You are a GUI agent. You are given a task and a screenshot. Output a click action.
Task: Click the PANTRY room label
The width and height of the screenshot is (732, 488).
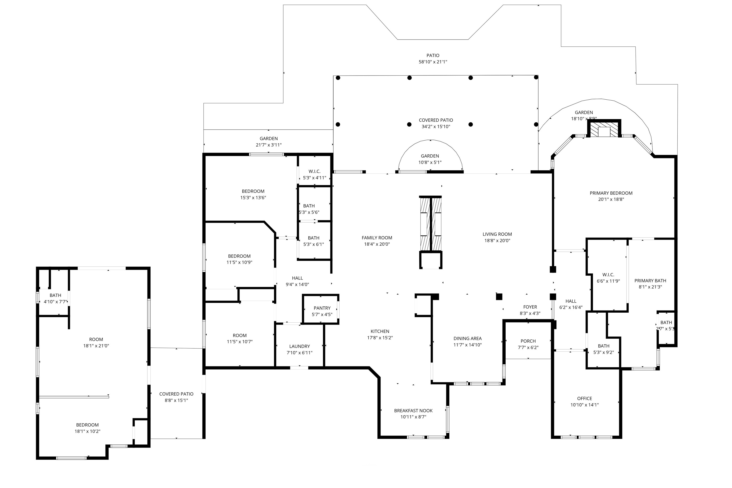tap(322, 308)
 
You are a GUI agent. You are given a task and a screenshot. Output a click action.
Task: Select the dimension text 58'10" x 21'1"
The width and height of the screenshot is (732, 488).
tap(433, 62)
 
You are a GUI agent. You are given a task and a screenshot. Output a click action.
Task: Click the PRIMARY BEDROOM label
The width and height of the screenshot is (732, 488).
tap(611, 193)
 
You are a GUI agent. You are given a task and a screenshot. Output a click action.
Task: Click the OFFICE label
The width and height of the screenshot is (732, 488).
tap(584, 398)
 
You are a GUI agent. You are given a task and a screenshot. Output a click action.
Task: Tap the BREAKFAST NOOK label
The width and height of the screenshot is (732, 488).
tap(413, 411)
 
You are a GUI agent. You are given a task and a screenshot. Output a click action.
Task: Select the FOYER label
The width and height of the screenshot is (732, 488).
tap(530, 307)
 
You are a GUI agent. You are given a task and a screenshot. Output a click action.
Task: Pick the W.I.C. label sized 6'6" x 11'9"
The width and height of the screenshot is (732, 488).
tap(608, 274)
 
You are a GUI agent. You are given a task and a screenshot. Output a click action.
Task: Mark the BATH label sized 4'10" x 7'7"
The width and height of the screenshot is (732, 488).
tap(55, 295)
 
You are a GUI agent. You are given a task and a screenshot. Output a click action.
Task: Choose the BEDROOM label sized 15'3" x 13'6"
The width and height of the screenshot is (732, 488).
tap(253, 191)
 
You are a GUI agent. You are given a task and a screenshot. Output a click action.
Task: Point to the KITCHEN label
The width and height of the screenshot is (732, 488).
tap(380, 331)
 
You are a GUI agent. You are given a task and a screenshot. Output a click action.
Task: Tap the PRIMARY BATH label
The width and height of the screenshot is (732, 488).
tap(650, 280)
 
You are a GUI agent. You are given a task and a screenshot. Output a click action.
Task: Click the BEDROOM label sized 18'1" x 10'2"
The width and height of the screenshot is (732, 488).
tap(87, 425)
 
